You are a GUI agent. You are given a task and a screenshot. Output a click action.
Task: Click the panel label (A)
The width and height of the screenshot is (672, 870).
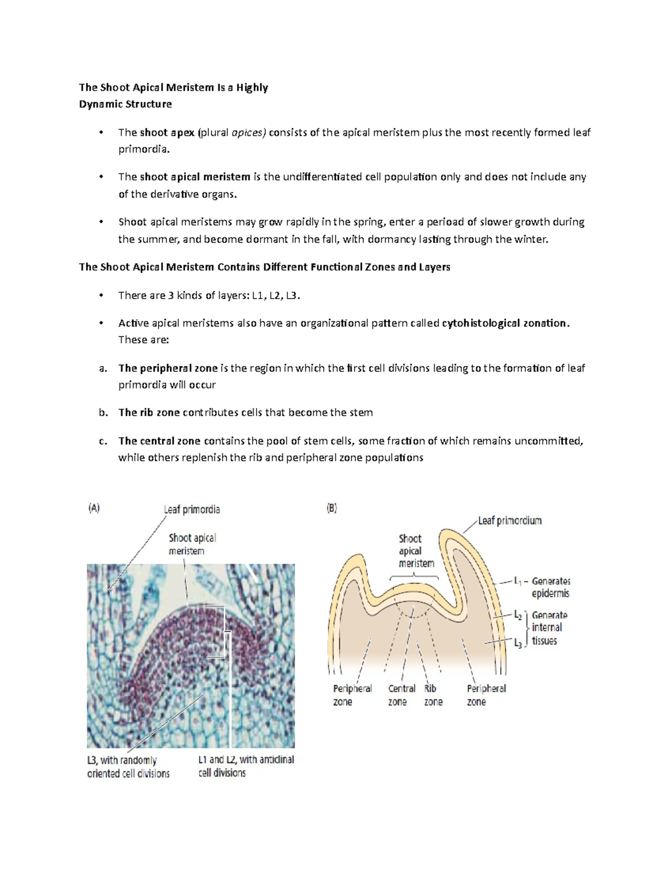pos(94,508)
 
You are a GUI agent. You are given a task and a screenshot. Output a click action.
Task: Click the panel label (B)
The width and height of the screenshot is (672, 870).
pos(332,508)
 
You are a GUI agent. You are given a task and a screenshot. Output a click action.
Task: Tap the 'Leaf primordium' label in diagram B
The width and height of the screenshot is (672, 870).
pos(510,520)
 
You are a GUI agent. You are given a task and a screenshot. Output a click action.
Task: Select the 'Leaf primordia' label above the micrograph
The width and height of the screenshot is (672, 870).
pos(192,509)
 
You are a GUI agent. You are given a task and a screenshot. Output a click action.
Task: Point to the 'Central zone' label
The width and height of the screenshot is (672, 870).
pos(402,695)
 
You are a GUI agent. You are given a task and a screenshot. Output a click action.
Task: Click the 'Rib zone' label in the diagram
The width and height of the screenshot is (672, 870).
pos(432,695)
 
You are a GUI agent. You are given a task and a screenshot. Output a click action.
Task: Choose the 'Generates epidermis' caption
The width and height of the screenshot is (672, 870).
pos(551,587)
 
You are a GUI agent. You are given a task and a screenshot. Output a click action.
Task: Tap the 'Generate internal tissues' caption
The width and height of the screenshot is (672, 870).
pos(549,628)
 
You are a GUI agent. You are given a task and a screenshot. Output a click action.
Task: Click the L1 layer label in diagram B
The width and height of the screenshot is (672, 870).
pos(518,581)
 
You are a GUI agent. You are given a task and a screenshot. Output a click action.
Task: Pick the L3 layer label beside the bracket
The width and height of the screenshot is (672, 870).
pos(518,644)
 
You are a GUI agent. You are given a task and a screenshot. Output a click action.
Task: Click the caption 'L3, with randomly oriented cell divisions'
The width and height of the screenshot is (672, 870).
pos(128,767)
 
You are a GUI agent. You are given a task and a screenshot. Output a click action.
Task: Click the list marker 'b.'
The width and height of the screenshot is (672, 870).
pos(102,413)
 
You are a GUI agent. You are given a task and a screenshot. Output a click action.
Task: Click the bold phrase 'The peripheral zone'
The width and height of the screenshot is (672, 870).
pos(168,368)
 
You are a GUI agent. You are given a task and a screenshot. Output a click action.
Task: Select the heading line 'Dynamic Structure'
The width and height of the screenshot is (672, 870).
pos(125,104)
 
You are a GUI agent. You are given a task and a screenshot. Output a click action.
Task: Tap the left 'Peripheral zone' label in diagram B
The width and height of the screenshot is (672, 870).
pos(352,695)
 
